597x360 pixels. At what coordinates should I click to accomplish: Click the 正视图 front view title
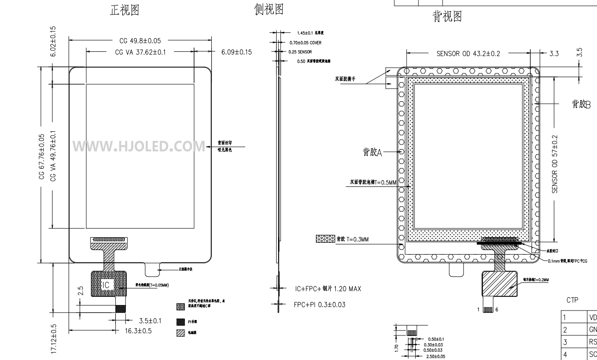coord(124,10)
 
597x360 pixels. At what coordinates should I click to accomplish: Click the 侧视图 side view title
coord(269,9)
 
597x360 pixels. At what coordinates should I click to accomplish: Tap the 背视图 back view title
coord(447,17)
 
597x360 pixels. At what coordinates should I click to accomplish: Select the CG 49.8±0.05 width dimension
coord(140,40)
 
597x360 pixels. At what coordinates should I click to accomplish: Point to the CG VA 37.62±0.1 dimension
coord(140,52)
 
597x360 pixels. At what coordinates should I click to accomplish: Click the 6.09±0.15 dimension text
coord(236,52)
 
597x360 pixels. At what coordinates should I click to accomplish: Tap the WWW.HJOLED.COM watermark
coord(139,146)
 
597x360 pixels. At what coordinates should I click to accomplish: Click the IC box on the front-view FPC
coord(106,285)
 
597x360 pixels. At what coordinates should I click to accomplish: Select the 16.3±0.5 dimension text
coord(138,330)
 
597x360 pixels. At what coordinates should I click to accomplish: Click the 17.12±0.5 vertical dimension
coord(54,339)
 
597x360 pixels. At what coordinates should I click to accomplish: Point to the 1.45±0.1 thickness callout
coord(313,33)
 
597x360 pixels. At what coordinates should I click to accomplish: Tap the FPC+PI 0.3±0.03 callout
coord(319,305)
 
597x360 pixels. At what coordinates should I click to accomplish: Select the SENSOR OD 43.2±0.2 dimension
coord(468,53)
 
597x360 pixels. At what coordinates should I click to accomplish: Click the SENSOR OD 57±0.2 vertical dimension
coord(555,164)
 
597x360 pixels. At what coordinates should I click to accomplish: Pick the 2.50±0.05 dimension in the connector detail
coord(435,356)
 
